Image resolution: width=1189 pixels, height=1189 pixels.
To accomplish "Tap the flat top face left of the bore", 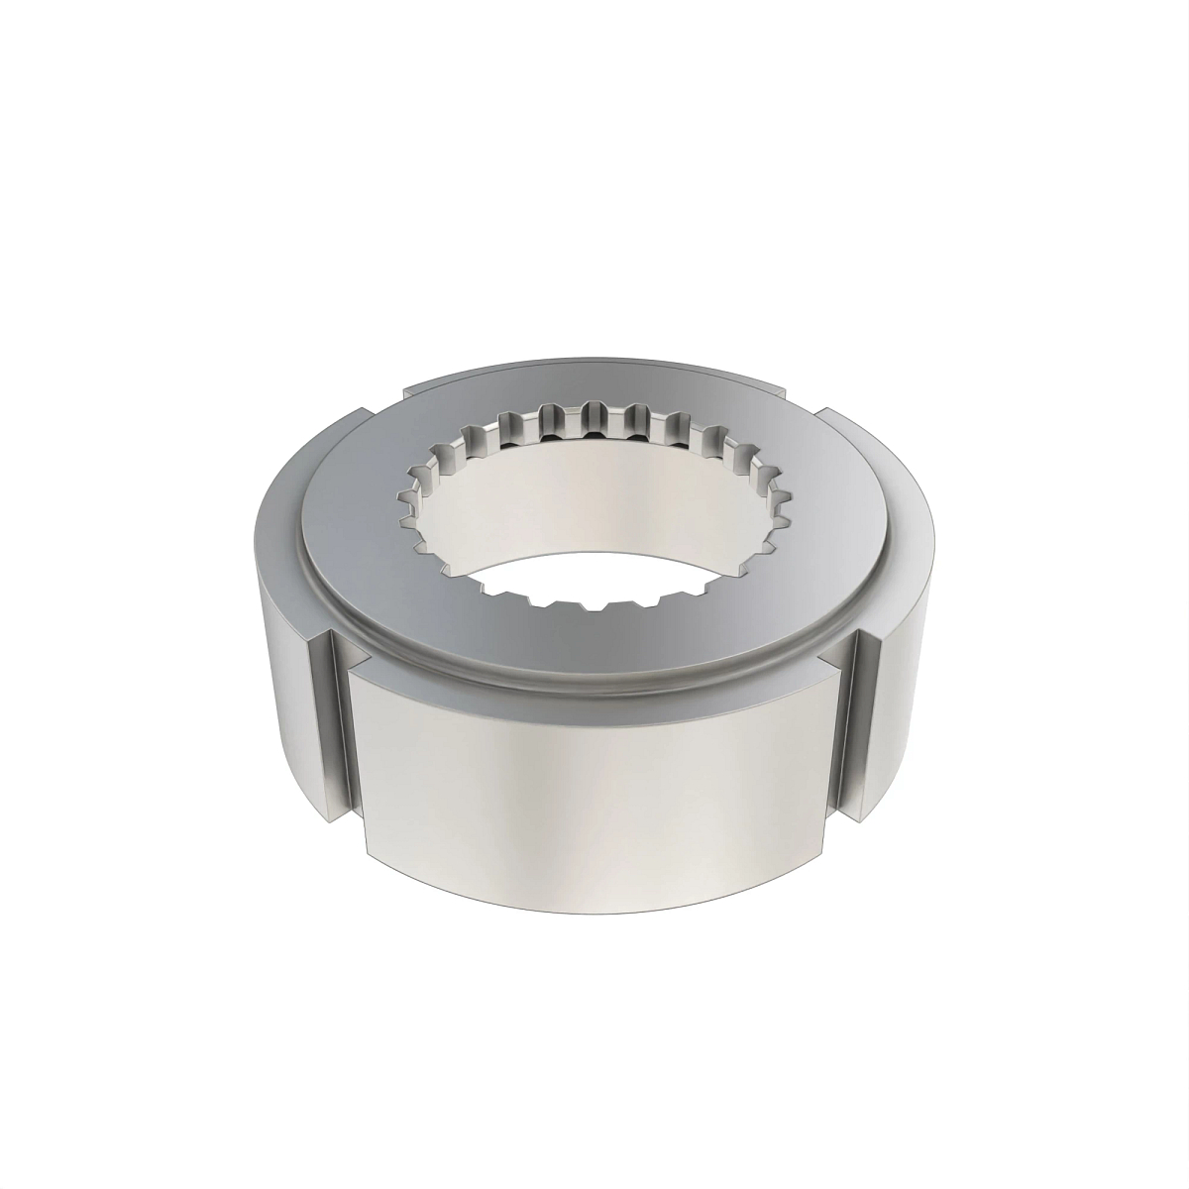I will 347,525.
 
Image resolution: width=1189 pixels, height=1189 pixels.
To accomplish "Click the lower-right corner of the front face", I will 821,854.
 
